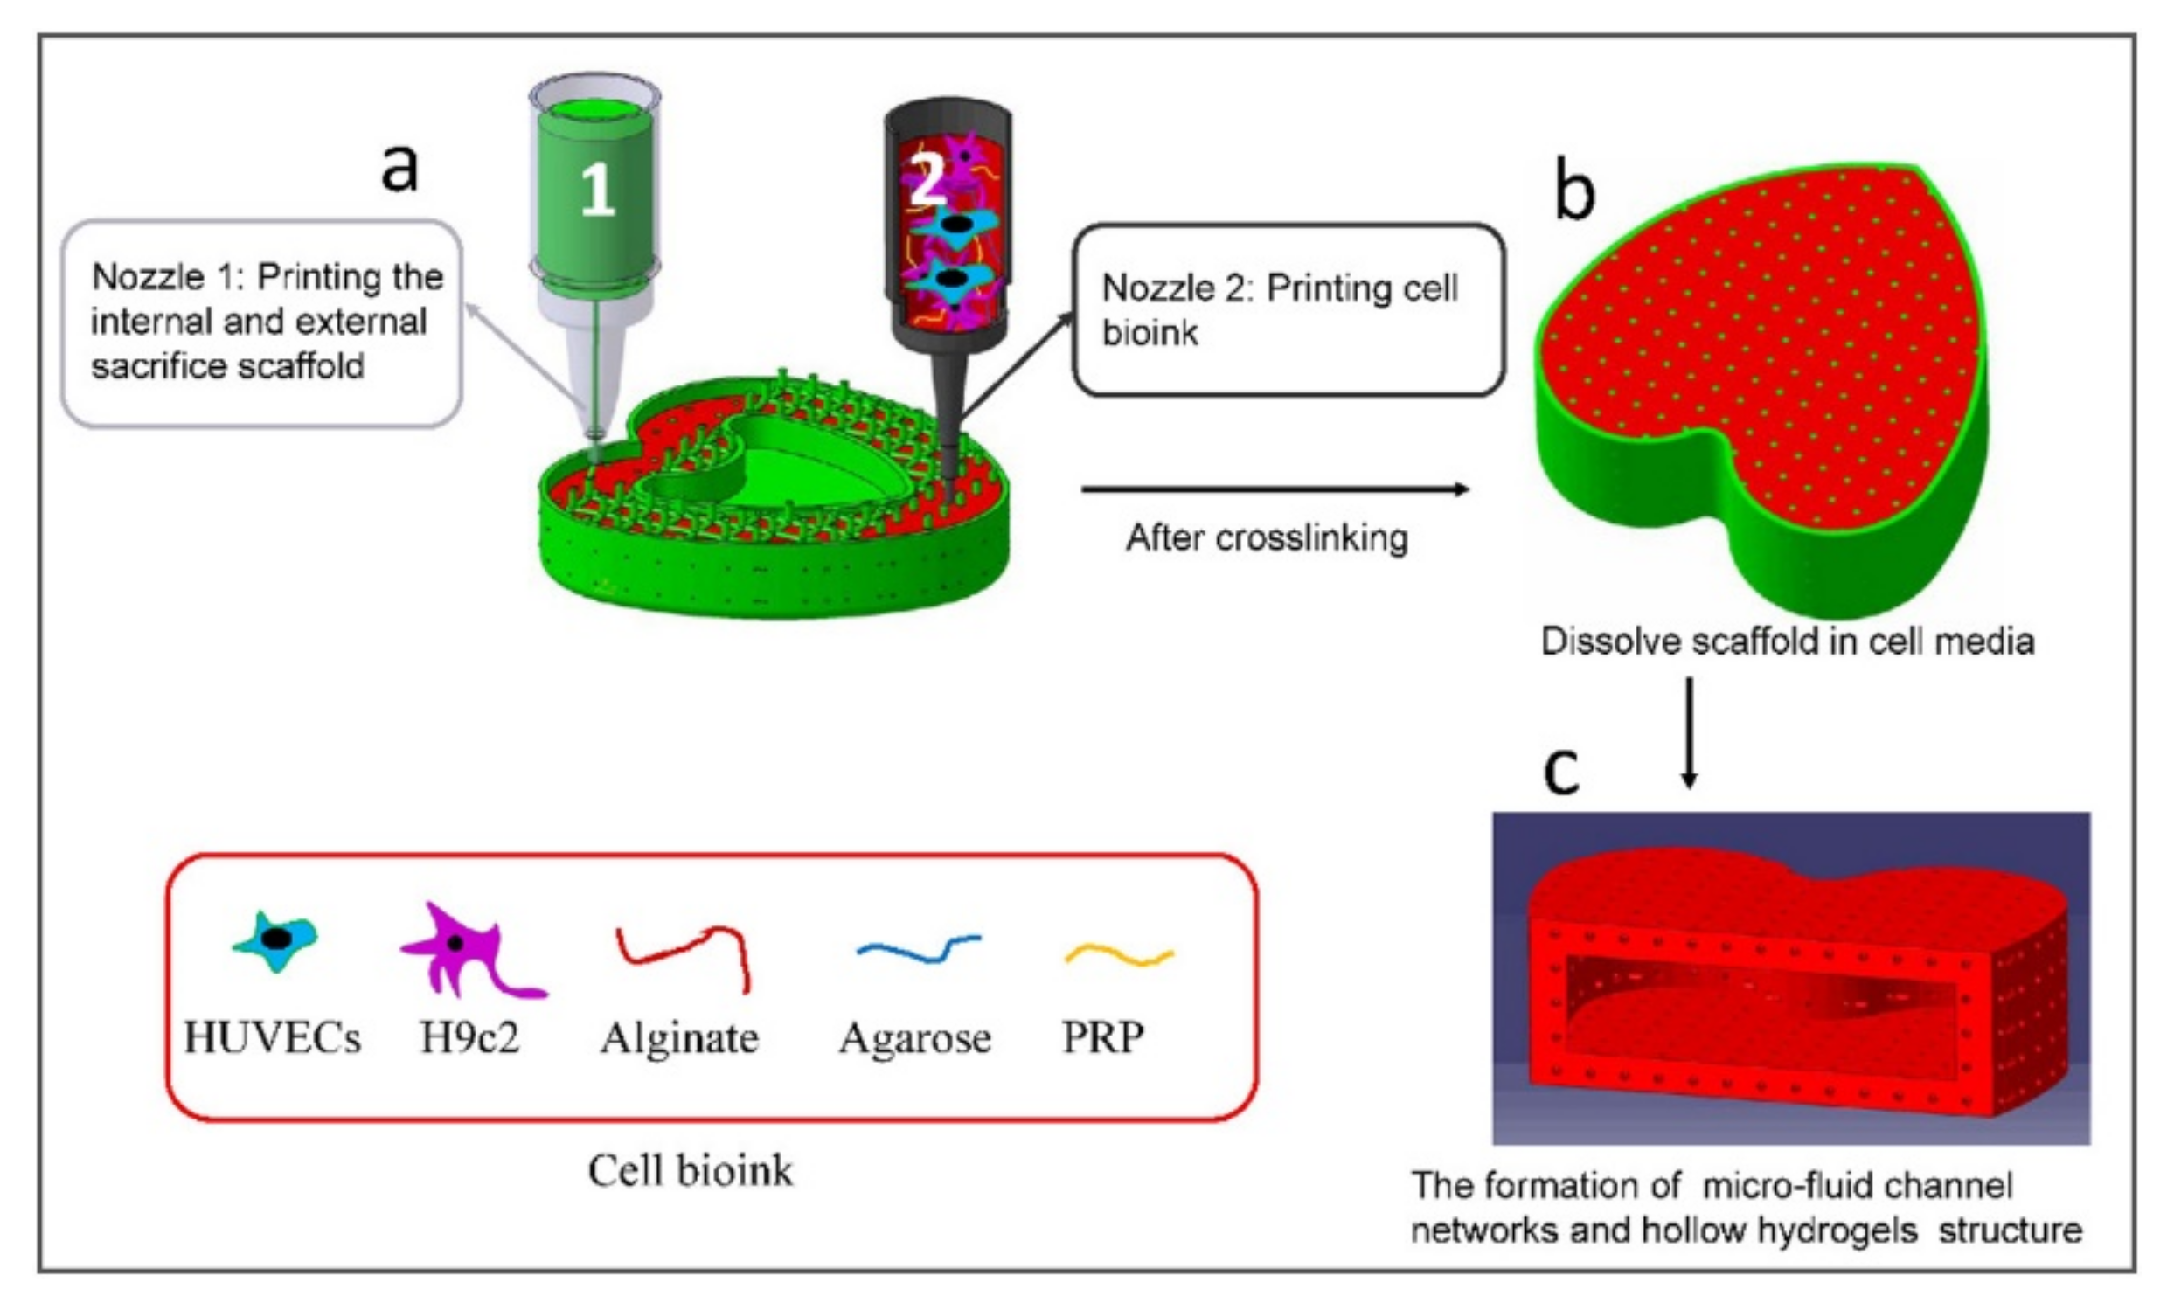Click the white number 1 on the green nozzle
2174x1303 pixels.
pos(597,191)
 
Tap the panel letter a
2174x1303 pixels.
pos(399,167)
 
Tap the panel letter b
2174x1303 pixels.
pos(1573,191)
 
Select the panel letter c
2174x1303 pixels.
pos(1561,771)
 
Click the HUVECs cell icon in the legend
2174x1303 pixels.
pos(275,940)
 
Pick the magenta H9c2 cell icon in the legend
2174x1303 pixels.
pos(465,952)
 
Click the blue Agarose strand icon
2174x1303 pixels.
pos(918,948)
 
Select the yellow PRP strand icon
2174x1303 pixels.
pos(1119,955)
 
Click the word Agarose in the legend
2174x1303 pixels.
pos(915,1039)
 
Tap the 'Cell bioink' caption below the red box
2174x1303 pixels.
pos(690,1170)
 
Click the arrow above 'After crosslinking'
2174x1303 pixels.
pos(1274,489)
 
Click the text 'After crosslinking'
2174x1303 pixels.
pos(1266,537)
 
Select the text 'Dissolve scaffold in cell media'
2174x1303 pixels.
pos(1788,641)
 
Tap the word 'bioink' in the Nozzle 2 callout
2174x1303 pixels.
pos(1150,333)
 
